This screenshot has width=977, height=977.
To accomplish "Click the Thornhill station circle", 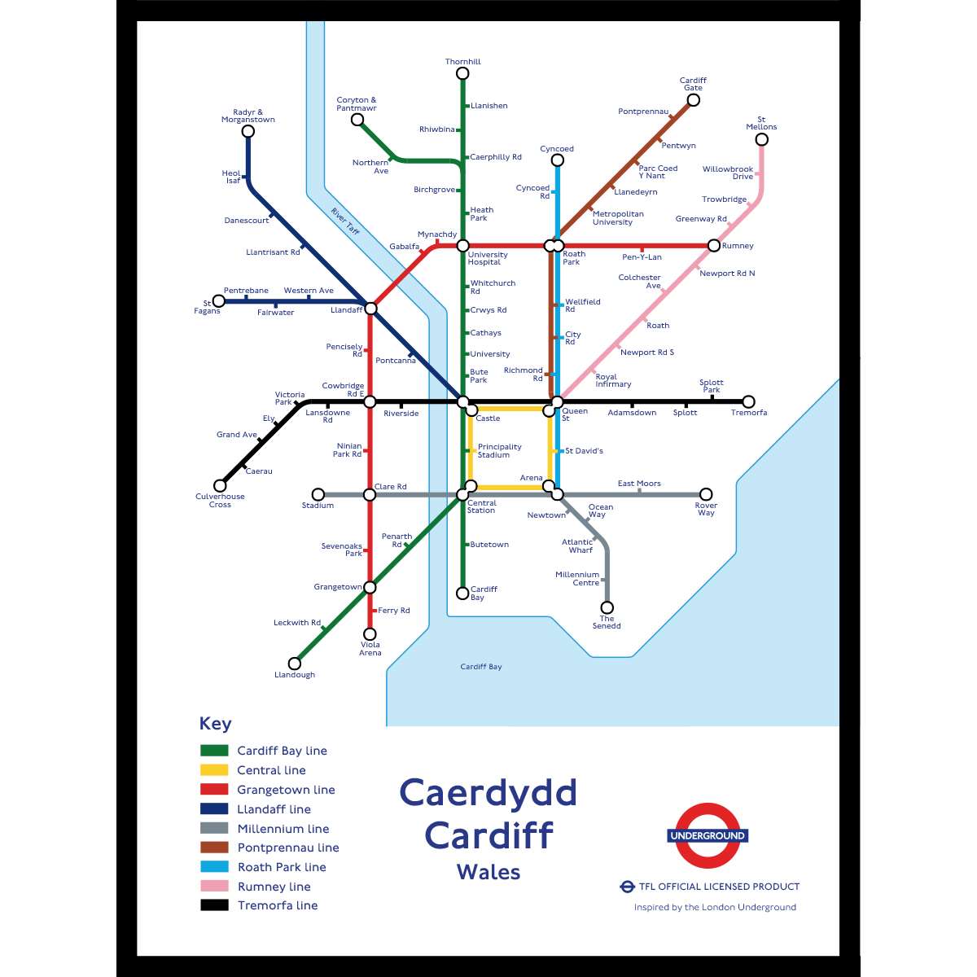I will click(462, 73).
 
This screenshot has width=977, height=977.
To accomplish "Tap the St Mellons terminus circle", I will click(761, 139).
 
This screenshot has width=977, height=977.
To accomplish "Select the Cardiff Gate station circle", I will click(693, 100).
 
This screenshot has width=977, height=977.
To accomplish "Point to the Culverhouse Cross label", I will click(220, 501).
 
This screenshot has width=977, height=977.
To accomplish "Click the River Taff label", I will click(345, 221).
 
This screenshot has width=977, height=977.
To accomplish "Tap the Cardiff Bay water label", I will click(481, 667).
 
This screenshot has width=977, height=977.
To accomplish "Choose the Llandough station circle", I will click(295, 664).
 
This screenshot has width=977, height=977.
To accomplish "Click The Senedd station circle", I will click(607, 607).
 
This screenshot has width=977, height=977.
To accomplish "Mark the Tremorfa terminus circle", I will click(748, 401).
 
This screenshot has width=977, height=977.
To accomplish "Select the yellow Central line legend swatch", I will click(214, 770).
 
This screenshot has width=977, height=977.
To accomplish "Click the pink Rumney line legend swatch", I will click(214, 886).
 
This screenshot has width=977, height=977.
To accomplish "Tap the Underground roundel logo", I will click(708, 836).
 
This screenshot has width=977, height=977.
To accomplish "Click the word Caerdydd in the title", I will click(488, 793).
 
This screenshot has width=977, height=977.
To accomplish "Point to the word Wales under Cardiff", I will click(488, 872).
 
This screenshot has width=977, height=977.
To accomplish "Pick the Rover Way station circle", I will click(706, 494).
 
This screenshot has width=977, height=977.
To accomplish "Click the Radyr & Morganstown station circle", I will click(248, 131).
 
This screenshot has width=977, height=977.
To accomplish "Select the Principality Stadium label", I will click(499, 451).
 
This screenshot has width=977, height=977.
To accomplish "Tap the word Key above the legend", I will click(215, 724).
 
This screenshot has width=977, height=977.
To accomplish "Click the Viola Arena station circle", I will click(370, 633).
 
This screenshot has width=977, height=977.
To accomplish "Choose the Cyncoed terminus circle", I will click(557, 160).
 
